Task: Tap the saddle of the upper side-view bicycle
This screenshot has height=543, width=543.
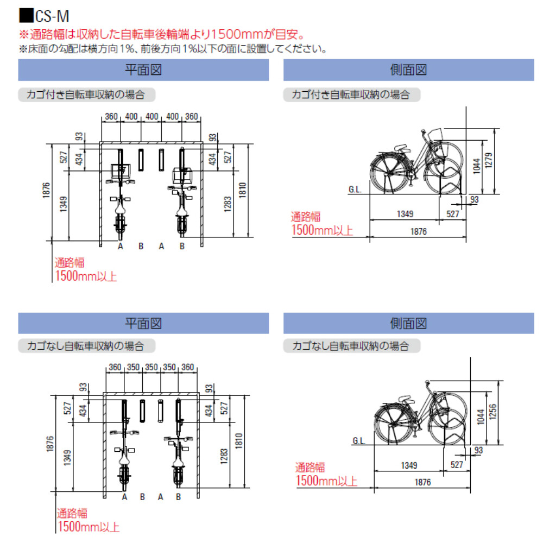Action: point(399,148)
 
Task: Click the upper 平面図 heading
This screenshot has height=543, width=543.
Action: point(143,71)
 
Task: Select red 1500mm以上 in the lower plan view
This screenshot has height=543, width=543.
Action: point(88,526)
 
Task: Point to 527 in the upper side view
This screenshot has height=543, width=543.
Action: point(452,214)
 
